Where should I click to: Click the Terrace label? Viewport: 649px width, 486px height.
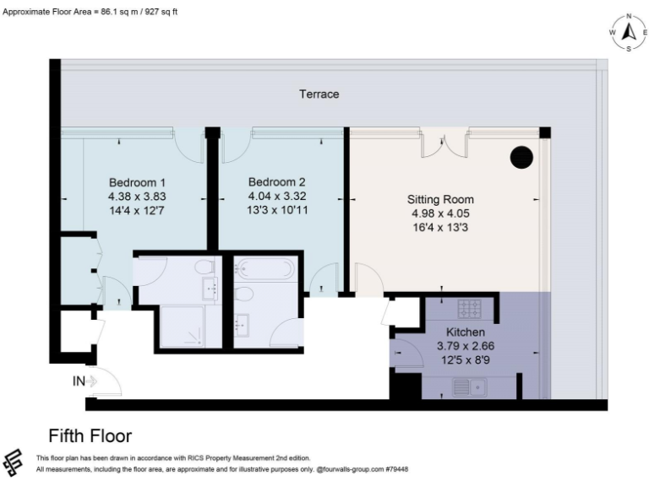[x=319, y=94]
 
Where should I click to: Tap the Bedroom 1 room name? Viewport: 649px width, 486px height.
[x=137, y=182]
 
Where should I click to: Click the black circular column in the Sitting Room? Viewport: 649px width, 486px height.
[x=521, y=157]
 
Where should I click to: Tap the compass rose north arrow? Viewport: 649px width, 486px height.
[x=629, y=32]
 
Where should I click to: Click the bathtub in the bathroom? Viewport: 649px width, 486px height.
[x=265, y=269]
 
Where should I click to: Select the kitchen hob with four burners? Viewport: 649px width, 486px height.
[x=468, y=306]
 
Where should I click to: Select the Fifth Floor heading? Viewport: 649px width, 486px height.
[x=90, y=436]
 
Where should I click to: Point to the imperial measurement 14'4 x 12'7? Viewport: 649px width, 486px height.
[x=137, y=209]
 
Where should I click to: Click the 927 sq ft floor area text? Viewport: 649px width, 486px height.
[x=160, y=11]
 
